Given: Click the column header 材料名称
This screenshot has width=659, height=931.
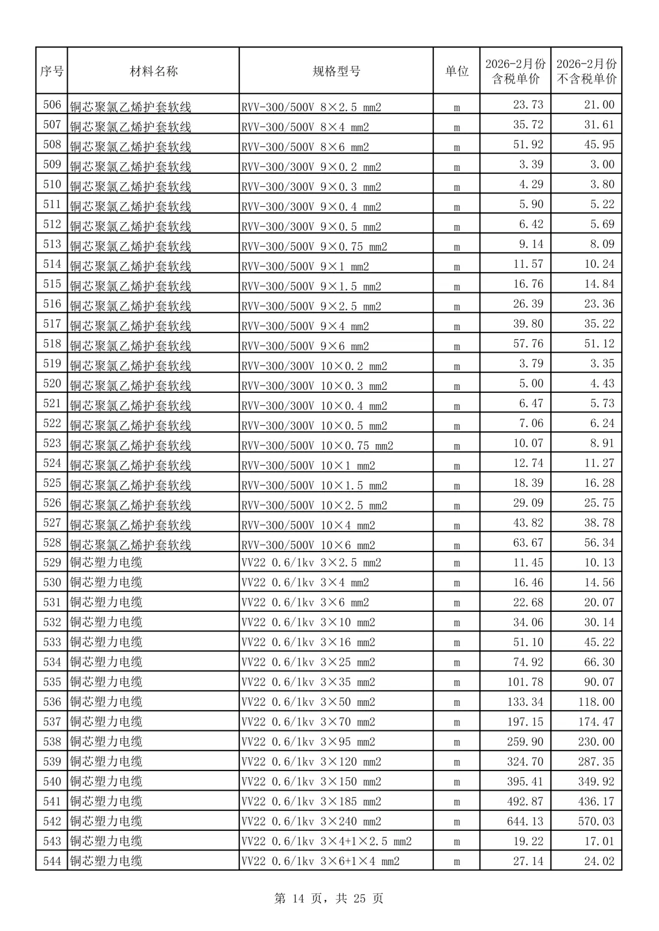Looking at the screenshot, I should click(153, 71).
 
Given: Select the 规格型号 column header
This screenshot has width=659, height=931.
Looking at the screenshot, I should click(336, 71).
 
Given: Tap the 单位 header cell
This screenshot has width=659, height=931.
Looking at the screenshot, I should click(456, 71).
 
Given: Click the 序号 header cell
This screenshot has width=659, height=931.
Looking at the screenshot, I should click(52, 71).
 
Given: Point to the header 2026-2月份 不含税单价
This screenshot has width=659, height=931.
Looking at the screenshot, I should click(586, 71).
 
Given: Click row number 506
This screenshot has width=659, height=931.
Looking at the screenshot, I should click(52, 105).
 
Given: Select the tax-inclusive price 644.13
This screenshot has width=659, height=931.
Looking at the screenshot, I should click(525, 821).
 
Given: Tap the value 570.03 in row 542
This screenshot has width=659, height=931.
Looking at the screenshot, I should click(596, 821).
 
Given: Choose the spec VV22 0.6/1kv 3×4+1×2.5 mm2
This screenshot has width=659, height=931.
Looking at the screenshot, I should click(326, 842).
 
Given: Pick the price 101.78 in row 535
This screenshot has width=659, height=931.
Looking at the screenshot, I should click(525, 682).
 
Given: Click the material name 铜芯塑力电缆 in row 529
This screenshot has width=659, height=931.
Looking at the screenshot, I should click(106, 563).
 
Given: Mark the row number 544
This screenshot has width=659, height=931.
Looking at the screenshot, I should click(52, 861).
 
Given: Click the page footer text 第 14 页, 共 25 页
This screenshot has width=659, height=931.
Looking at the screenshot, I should click(329, 899).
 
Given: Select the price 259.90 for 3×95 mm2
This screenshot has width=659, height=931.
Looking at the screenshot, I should click(525, 742).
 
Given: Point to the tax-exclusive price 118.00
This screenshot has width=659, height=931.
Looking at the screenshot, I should click(596, 702).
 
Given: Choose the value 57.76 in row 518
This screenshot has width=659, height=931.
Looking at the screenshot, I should click(528, 343).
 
